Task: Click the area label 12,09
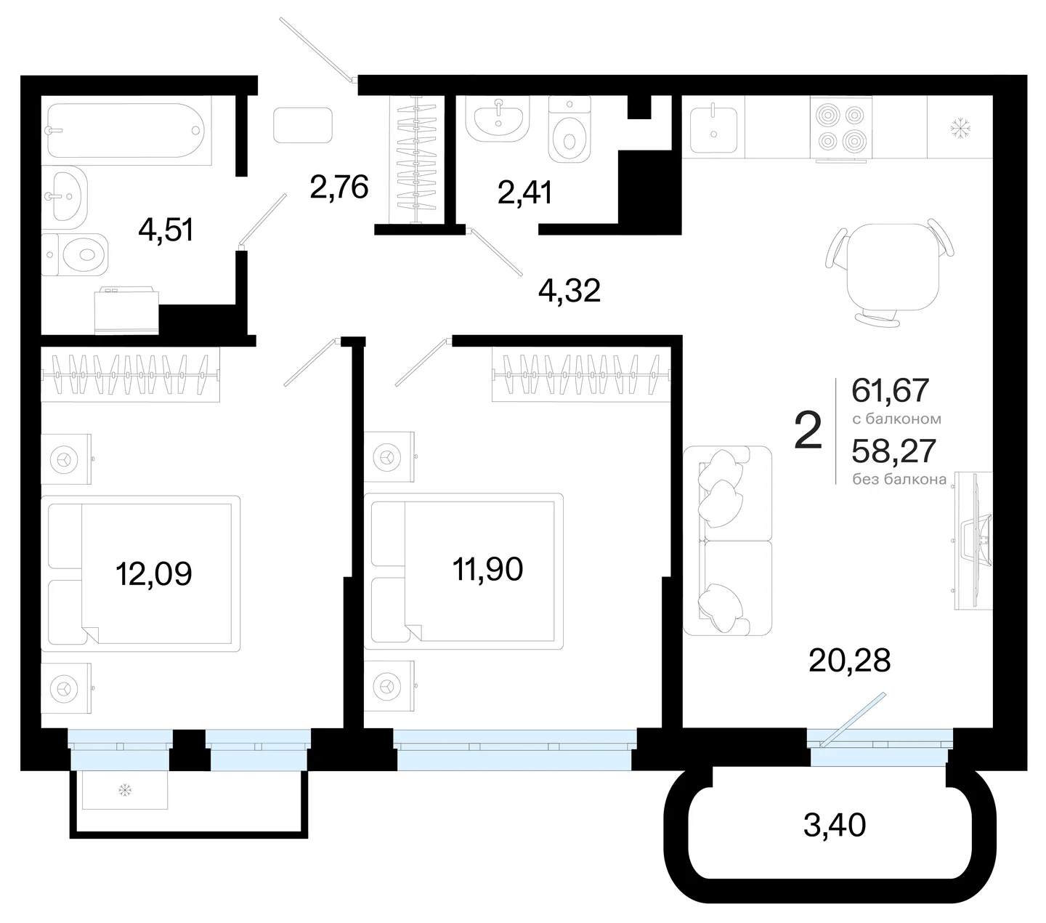(154, 574)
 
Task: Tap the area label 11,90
(487, 569)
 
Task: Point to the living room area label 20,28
(850, 660)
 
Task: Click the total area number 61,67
(890, 390)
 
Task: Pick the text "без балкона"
(899, 480)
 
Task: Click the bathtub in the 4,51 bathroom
(126, 130)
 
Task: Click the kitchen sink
(713, 129)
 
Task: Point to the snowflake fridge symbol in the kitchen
(961, 128)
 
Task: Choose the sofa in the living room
(727, 541)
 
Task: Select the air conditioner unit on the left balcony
(125, 790)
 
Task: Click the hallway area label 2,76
(339, 187)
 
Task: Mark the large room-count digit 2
(808, 430)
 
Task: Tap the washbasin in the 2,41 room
(498, 120)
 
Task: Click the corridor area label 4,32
(569, 290)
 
